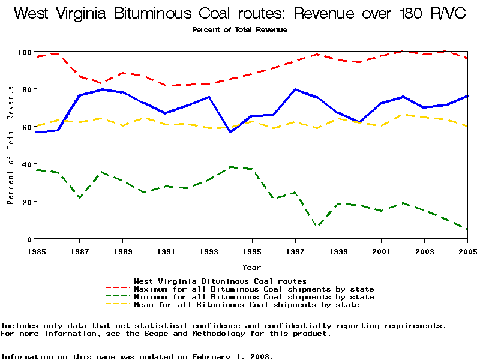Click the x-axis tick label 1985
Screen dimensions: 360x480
click(37, 251)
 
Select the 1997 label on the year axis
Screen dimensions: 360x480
click(295, 251)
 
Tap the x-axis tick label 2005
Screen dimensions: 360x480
click(467, 251)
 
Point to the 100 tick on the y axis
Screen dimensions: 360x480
click(24, 52)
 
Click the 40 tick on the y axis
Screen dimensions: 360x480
click(26, 164)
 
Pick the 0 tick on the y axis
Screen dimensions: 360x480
click(29, 239)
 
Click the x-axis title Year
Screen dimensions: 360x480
click(251, 267)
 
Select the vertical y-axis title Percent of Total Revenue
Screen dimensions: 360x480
click(10, 145)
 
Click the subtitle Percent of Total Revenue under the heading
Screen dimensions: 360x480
click(239, 29)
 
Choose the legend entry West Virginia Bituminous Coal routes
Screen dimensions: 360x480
click(220, 281)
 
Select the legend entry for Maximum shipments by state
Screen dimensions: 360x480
click(254, 289)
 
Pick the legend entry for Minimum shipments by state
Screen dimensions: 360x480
click(254, 297)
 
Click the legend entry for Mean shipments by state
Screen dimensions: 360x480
click(247, 305)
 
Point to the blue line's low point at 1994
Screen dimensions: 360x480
click(230, 132)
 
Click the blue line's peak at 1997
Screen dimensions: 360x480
click(295, 89)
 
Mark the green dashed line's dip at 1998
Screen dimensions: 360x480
click(317, 226)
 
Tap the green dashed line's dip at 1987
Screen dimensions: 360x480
click(80, 197)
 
